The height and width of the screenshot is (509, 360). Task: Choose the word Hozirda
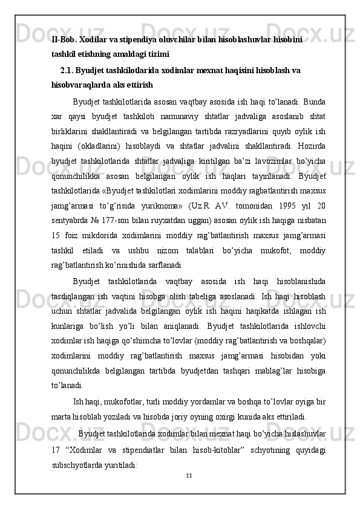(309, 144)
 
